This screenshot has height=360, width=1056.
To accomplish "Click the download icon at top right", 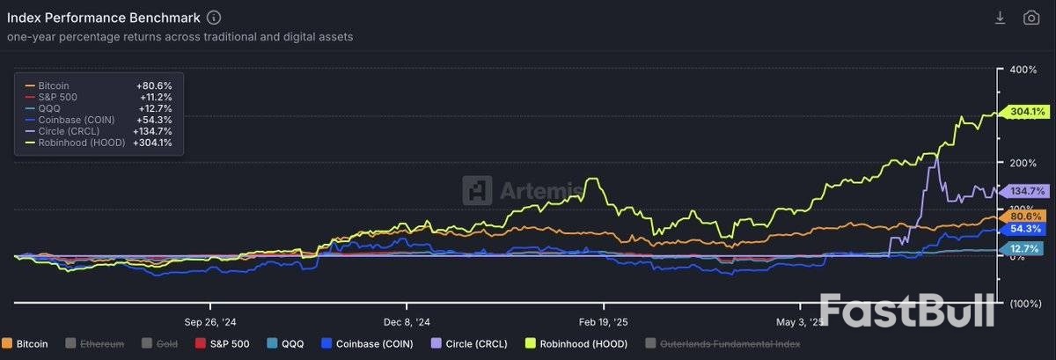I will (x=1000, y=18).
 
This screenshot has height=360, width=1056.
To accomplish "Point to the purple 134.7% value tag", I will (x=1027, y=191).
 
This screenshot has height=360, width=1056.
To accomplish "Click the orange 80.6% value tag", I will (x=1027, y=216).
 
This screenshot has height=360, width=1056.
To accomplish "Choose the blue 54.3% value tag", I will (x=1027, y=228).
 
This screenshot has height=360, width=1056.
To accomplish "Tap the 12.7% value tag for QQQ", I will (x=1027, y=249).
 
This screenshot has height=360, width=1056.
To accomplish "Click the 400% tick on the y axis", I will (x=1024, y=70).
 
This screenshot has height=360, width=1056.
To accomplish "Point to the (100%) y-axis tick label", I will (x=1023, y=304).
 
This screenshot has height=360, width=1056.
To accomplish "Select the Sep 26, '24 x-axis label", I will (x=209, y=321).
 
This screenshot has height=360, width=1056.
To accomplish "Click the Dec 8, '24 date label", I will (x=406, y=321).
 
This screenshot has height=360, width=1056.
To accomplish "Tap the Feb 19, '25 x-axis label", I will (x=603, y=321).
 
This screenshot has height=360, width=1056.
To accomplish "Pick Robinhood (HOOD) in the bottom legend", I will (x=577, y=344).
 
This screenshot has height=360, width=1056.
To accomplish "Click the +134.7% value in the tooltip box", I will (x=152, y=131).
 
